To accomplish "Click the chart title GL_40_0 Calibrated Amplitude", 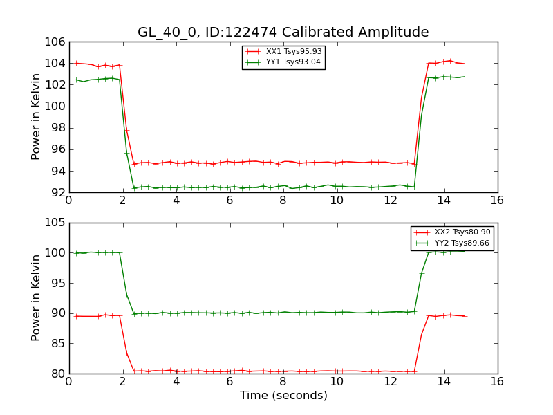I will coord(283,33).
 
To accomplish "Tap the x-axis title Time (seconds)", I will coord(283,396).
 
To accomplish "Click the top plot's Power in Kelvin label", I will coord(36,118).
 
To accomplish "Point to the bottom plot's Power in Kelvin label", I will coord(36,298).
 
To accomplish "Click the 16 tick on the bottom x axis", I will coord(497,381).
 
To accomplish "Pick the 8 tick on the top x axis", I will coord(283,200).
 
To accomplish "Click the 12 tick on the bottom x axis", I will coord(390,381).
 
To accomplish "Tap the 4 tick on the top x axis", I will coord(176,200).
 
